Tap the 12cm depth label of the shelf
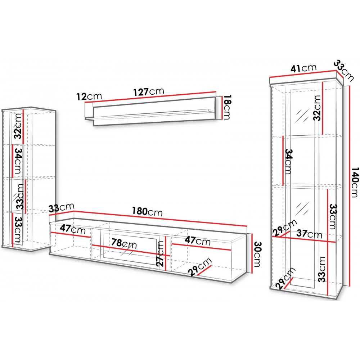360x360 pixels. click(x=89, y=96)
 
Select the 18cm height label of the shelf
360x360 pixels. click(x=226, y=107)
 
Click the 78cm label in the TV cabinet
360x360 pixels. click(x=124, y=244)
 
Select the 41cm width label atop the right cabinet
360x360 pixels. click(x=303, y=68)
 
